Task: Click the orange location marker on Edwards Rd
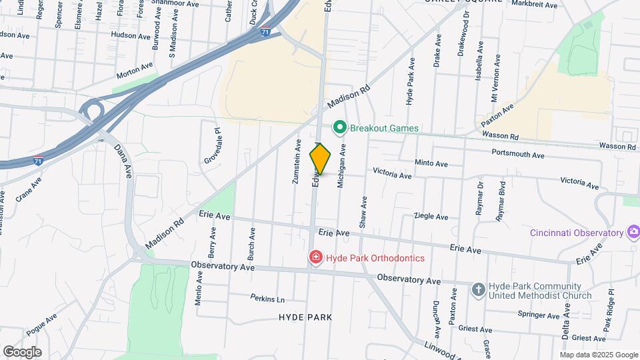(x=320, y=159)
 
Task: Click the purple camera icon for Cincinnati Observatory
(x=633, y=233)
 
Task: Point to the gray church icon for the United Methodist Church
(x=478, y=289)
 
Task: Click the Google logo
(x=22, y=351)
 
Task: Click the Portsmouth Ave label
(x=517, y=154)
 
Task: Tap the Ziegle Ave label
(x=431, y=217)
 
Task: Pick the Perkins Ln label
(x=267, y=298)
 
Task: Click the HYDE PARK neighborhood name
(x=305, y=317)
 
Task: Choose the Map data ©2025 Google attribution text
(x=599, y=355)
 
